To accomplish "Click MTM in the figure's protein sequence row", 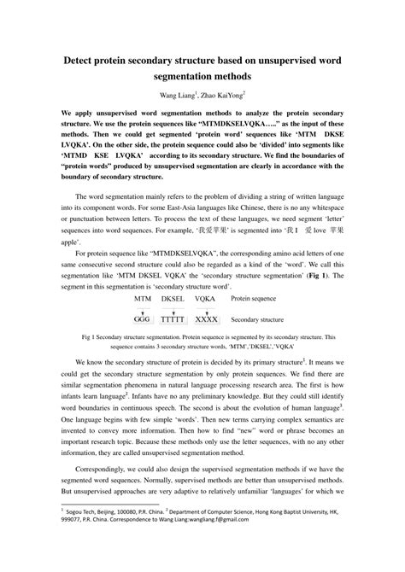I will click(144, 300).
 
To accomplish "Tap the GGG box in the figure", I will click(144, 318).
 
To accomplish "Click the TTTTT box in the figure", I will click(173, 318).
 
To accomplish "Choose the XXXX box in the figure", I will click(206, 318).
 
